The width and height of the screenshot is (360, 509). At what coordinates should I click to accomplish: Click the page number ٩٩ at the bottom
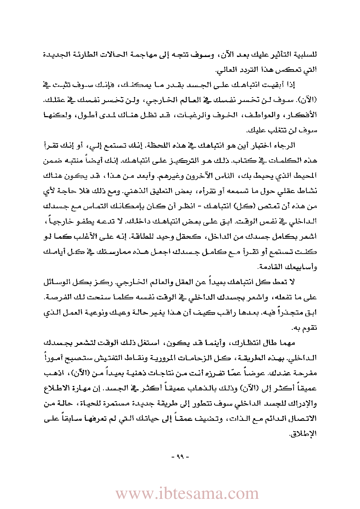(x=180, y=456)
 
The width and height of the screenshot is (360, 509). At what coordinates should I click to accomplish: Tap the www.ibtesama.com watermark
(x=187, y=493)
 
